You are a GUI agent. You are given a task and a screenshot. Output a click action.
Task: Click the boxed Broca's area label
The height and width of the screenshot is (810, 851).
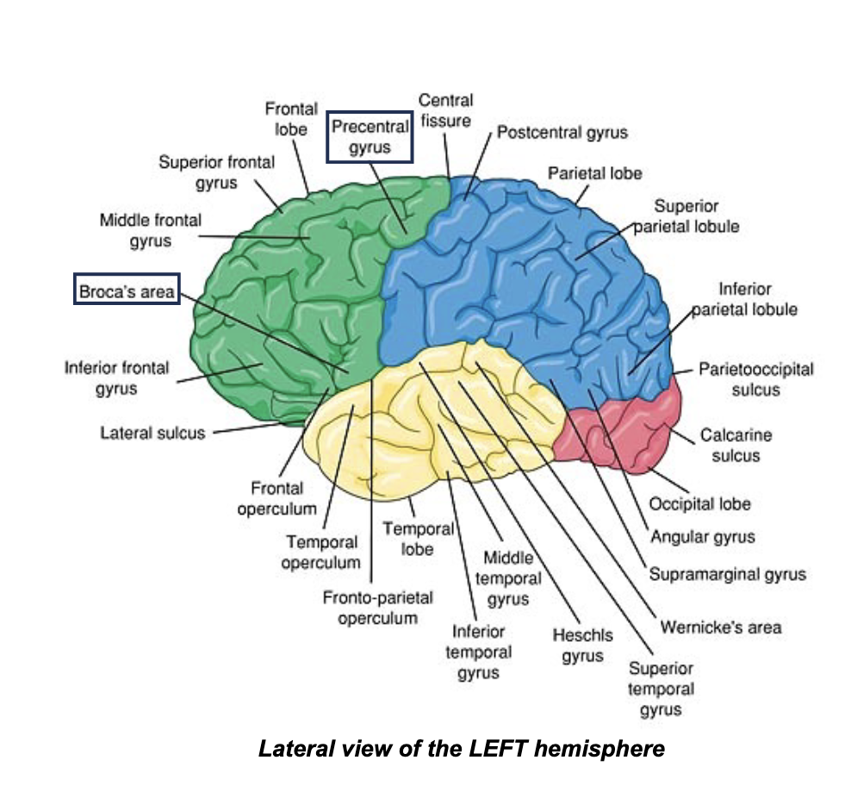pyautogui.click(x=127, y=291)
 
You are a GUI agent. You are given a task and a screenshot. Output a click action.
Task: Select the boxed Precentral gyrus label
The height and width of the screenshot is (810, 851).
pyautogui.click(x=370, y=137)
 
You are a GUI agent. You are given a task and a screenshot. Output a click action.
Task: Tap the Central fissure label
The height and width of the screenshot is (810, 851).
pyautogui.click(x=445, y=111)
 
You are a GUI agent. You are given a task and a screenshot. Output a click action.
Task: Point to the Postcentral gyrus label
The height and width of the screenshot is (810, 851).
pyautogui.click(x=562, y=133)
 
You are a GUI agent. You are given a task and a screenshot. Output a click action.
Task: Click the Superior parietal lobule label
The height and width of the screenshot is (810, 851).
pyautogui.click(x=686, y=216)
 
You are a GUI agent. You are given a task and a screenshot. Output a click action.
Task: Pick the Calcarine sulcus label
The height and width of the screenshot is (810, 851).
pyautogui.click(x=736, y=445)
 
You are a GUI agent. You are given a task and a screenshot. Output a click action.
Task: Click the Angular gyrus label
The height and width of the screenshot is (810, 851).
pyautogui.click(x=702, y=537)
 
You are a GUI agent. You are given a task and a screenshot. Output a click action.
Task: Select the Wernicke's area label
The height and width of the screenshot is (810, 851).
pyautogui.click(x=721, y=626)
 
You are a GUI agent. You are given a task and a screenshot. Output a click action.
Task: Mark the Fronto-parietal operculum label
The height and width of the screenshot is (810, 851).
pyautogui.click(x=377, y=607)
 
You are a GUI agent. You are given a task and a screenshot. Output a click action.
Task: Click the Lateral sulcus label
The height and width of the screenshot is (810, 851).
pyautogui.click(x=153, y=433)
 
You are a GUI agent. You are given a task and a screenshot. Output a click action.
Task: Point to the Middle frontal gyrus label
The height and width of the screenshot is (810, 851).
pyautogui.click(x=150, y=230)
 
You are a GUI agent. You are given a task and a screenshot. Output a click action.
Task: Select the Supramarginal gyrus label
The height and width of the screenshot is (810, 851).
pyautogui.click(x=727, y=574)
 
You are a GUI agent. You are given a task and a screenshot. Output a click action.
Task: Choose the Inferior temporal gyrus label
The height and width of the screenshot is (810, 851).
pyautogui.click(x=478, y=652)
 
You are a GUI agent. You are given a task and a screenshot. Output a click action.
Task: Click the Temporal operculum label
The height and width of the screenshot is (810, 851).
pyautogui.click(x=321, y=552)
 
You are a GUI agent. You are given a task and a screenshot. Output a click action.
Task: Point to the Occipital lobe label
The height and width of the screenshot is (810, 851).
pyautogui.click(x=699, y=503)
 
